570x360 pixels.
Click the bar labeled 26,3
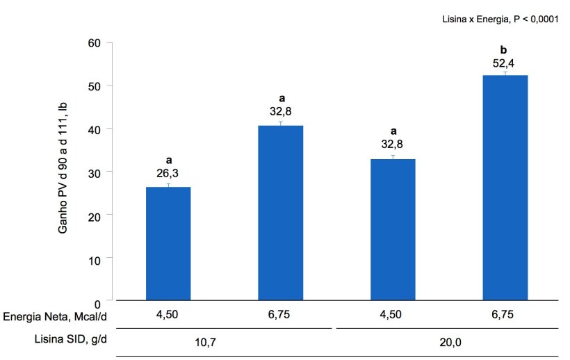click(x=168, y=243)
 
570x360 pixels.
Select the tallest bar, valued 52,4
click(x=505, y=188)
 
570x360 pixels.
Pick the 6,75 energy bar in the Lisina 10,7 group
click(x=280, y=213)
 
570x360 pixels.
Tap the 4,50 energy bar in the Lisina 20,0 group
click(x=393, y=229)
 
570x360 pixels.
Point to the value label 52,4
click(x=505, y=63)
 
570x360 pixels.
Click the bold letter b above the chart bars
click(x=505, y=49)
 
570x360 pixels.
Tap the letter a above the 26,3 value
click(x=168, y=161)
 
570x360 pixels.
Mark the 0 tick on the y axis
click(x=98, y=304)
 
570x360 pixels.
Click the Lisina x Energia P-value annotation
click(x=500, y=19)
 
